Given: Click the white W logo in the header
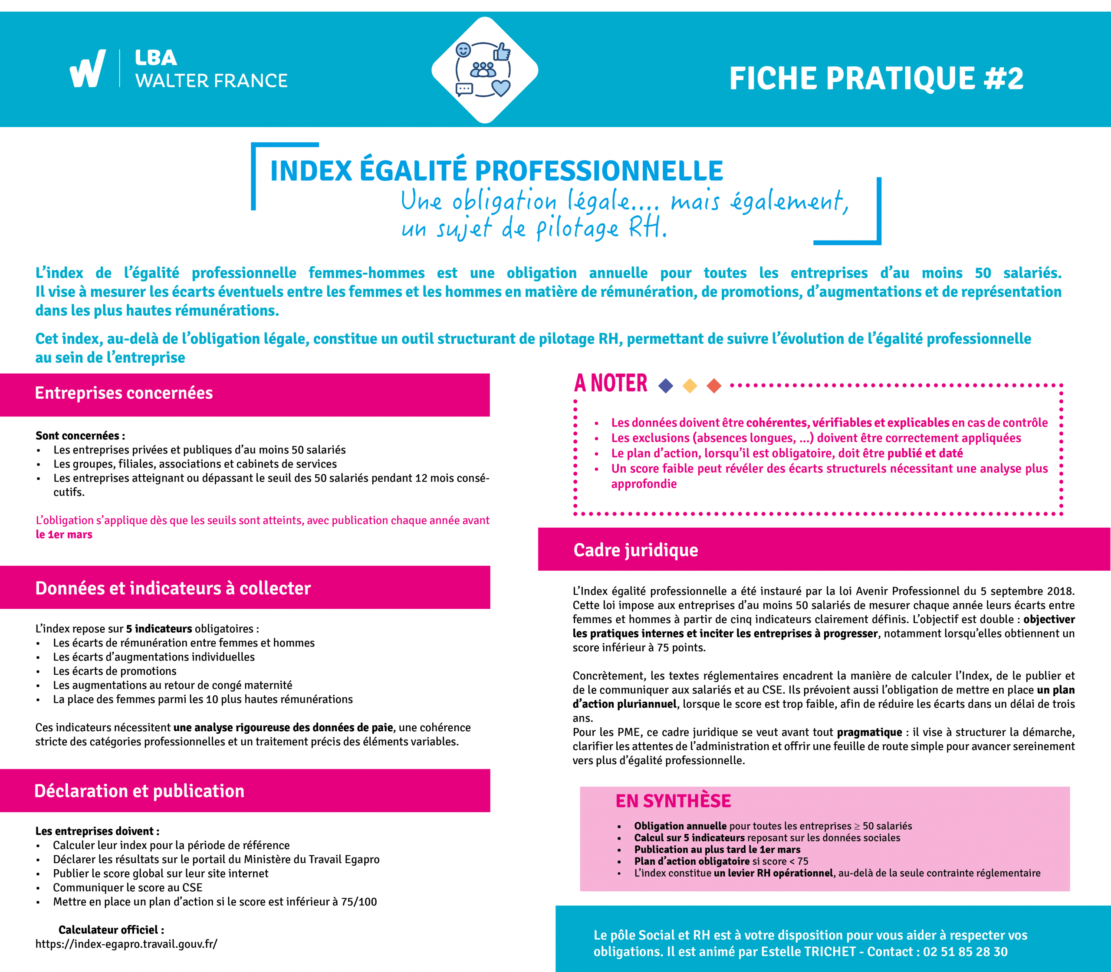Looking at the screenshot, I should (x=87, y=69).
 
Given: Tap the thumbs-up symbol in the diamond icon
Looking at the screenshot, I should (x=501, y=53).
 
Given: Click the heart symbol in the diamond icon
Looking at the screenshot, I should (x=501, y=87).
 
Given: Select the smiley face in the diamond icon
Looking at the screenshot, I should (x=463, y=50).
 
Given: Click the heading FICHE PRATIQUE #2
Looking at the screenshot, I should (x=876, y=79).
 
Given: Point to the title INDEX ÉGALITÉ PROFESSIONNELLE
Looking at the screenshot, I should (x=496, y=171).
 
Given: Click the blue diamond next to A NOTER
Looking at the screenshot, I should (x=666, y=386).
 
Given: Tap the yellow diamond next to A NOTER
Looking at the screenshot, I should (x=690, y=386).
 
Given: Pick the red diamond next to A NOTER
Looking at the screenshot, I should (x=714, y=386).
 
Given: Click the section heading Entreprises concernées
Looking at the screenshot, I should (x=124, y=393).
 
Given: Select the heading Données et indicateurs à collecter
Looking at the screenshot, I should (x=173, y=588).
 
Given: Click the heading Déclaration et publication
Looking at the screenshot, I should (x=139, y=791).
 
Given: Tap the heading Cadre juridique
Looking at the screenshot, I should (x=636, y=550).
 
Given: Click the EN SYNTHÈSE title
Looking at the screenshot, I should (x=673, y=801).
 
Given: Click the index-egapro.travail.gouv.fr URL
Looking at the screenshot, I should (x=126, y=944).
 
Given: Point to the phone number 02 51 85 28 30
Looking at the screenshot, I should (x=965, y=951).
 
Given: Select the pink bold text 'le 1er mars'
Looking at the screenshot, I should (x=64, y=534).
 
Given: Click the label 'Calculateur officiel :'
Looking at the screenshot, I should (x=111, y=929).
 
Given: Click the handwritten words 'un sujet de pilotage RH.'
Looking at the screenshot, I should (x=534, y=228).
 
